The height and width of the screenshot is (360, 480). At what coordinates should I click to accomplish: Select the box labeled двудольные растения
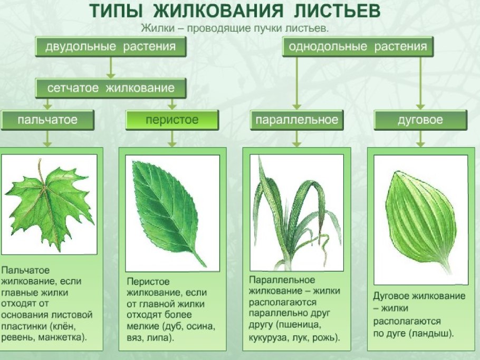click(110, 47)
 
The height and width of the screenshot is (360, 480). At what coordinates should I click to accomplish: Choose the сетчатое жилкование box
click(111, 88)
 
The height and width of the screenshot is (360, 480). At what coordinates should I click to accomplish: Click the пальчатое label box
click(47, 120)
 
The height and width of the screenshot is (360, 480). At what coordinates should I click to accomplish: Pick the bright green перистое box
click(172, 120)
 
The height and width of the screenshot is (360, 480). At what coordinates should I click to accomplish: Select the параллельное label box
click(296, 120)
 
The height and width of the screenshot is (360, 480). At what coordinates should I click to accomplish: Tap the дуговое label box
click(420, 120)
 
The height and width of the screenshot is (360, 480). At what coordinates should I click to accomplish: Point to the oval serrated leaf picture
click(166, 208)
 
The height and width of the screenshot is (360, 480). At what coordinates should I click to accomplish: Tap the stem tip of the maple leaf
click(39, 161)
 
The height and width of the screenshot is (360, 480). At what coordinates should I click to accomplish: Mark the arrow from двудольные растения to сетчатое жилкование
click(110, 67)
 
